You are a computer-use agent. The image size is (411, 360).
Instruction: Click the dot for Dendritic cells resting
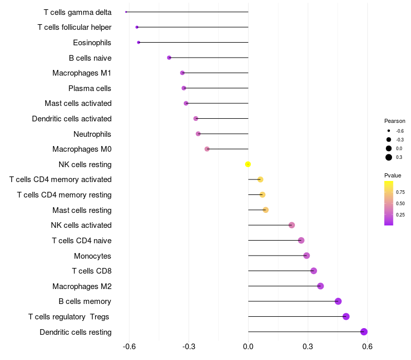coord(364,332)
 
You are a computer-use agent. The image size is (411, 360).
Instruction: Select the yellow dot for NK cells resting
coord(248,164)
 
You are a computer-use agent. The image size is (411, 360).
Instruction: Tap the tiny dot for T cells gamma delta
coord(126,12)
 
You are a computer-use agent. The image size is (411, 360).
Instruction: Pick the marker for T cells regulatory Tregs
coord(346,316)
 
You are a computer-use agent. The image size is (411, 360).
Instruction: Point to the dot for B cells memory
coord(338,301)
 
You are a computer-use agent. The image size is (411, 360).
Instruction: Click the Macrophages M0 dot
coord(207,149)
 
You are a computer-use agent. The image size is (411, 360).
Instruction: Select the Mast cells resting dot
coord(266,210)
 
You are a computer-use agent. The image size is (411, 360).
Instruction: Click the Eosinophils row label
coord(92,42)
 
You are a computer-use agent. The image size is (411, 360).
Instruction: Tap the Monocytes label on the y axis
coord(92,256)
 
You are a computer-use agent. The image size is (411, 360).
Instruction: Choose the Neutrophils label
coord(92,134)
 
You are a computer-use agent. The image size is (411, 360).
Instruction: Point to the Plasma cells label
coord(90,88)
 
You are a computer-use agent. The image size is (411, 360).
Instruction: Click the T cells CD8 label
coord(91,271)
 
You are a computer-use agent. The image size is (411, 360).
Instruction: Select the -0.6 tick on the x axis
coord(129,347)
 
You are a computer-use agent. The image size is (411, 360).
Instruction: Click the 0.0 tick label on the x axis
coord(248,347)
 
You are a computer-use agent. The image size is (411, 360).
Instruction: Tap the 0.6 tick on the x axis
coord(367,347)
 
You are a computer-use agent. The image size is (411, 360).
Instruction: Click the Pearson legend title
coord(395,121)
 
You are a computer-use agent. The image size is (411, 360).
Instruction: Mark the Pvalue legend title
coord(393,175)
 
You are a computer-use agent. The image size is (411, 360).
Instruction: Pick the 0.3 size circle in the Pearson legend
coord(389,157)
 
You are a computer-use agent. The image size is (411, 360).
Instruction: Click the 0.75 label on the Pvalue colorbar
coord(400,192)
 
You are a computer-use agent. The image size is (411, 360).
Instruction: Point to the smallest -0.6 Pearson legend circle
coord(389,131)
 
